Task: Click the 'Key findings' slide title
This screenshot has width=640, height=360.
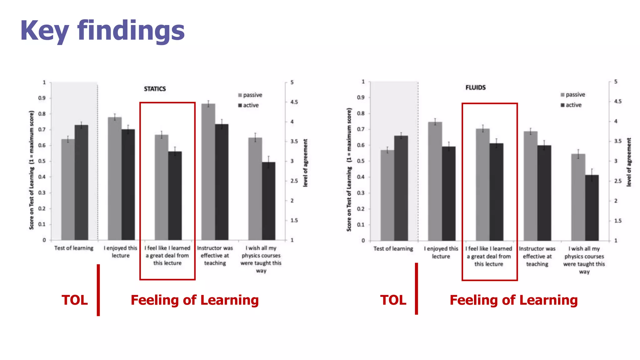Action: click(x=102, y=31)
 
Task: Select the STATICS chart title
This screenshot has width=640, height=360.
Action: click(x=155, y=89)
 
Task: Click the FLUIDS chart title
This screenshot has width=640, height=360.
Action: click(x=475, y=87)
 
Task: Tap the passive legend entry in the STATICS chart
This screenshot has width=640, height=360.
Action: click(x=250, y=95)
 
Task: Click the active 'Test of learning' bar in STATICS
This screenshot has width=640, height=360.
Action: click(x=81, y=183)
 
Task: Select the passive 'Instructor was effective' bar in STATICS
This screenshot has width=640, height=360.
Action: click(x=208, y=172)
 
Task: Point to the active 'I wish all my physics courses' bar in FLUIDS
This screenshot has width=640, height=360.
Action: click(x=592, y=208)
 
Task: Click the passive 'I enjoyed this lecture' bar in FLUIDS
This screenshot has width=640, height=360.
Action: click(x=435, y=181)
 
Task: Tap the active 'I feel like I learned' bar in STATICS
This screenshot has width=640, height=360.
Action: click(x=175, y=196)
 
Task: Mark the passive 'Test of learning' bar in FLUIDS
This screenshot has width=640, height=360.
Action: click(x=387, y=195)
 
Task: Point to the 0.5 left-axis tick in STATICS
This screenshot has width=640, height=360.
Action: click(x=42, y=161)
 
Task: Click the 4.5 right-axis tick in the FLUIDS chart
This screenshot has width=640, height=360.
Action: click(x=617, y=101)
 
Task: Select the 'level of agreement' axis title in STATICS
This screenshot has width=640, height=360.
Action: click(x=305, y=163)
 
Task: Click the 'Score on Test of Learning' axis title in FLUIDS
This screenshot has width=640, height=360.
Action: click(x=349, y=170)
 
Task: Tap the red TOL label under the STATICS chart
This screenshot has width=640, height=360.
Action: click(x=75, y=300)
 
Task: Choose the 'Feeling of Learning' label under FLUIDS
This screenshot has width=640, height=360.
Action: click(x=513, y=300)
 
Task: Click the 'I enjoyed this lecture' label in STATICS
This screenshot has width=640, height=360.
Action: click(x=121, y=252)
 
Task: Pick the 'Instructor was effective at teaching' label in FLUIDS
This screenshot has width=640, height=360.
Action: click(x=537, y=256)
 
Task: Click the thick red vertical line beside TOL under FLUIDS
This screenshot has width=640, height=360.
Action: click(x=416, y=288)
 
